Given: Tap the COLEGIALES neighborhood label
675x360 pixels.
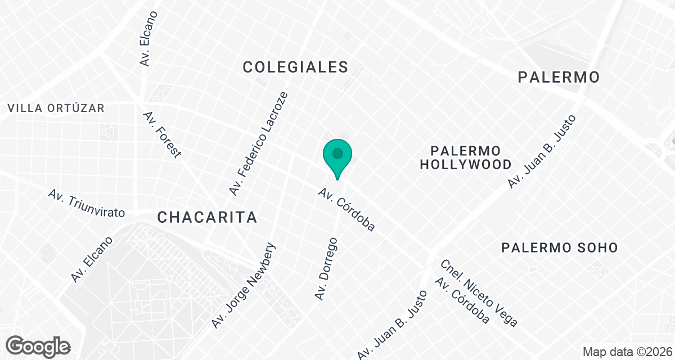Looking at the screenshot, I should [x=295, y=67].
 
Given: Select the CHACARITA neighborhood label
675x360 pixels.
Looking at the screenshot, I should [x=207, y=217].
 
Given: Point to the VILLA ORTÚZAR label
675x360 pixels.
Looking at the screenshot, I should [x=56, y=108].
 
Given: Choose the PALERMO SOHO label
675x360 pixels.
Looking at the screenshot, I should [x=560, y=247].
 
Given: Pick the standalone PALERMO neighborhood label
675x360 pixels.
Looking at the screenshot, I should [x=559, y=77].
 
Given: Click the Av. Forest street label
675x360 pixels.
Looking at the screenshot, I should [x=162, y=134].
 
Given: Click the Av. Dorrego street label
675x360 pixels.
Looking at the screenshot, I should [x=326, y=269].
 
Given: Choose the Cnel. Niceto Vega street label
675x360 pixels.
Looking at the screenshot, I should [x=479, y=292].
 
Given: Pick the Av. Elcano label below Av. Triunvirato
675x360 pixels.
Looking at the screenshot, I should [x=92, y=259].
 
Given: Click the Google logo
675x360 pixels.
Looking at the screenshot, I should [x=39, y=346].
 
